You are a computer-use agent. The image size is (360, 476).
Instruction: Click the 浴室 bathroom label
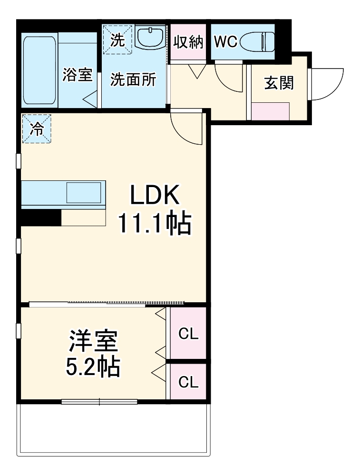(77, 75)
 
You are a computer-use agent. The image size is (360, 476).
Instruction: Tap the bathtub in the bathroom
(40, 70)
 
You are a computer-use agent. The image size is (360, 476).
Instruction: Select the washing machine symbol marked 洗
(117, 40)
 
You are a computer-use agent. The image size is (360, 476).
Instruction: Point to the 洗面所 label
(133, 80)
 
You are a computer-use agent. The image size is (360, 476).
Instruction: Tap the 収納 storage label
(188, 42)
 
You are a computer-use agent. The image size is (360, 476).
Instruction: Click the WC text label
(225, 42)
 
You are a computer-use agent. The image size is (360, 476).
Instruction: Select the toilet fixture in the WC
(258, 42)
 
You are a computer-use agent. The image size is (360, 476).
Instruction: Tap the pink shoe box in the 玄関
(270, 111)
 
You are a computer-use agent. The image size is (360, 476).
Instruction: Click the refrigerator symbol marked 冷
(36, 129)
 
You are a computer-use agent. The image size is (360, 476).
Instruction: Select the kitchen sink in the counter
(84, 192)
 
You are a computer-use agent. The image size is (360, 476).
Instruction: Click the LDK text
(154, 196)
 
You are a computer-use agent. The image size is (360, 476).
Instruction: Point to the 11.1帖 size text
(154, 223)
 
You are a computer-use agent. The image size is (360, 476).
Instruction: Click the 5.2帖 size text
(92, 366)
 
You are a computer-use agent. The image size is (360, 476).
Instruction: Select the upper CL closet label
(188, 334)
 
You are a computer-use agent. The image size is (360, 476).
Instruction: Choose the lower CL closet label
(188, 382)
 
